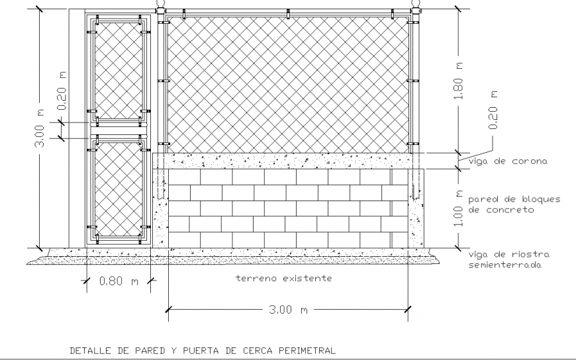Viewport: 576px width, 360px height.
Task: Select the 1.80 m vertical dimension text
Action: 458,84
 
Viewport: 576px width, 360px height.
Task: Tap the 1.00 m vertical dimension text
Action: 458,208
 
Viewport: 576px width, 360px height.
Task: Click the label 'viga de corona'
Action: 507,161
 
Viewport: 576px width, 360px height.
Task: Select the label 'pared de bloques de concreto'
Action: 514,204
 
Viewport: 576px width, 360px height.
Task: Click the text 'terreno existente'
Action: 283,279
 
